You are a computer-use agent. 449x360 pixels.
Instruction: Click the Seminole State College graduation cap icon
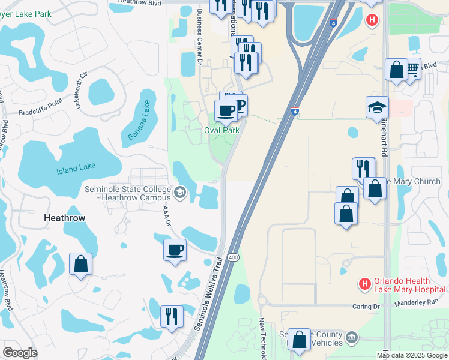click(x=180, y=193)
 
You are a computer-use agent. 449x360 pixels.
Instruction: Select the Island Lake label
click(x=76, y=170)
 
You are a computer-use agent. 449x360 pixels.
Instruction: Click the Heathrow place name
click(x=65, y=218)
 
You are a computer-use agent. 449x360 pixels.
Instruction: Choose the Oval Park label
click(x=221, y=130)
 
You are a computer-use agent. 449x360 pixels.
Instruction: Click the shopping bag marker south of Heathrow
click(x=81, y=264)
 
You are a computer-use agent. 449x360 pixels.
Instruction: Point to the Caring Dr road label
click(x=369, y=306)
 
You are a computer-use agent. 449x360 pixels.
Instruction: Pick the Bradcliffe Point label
click(x=40, y=103)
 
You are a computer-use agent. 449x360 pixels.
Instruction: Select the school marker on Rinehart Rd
click(x=377, y=108)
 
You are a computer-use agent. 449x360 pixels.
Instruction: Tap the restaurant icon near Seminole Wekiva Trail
click(x=172, y=316)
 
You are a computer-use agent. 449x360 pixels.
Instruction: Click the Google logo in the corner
click(x=20, y=353)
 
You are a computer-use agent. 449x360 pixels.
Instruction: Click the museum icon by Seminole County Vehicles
click(x=352, y=336)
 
